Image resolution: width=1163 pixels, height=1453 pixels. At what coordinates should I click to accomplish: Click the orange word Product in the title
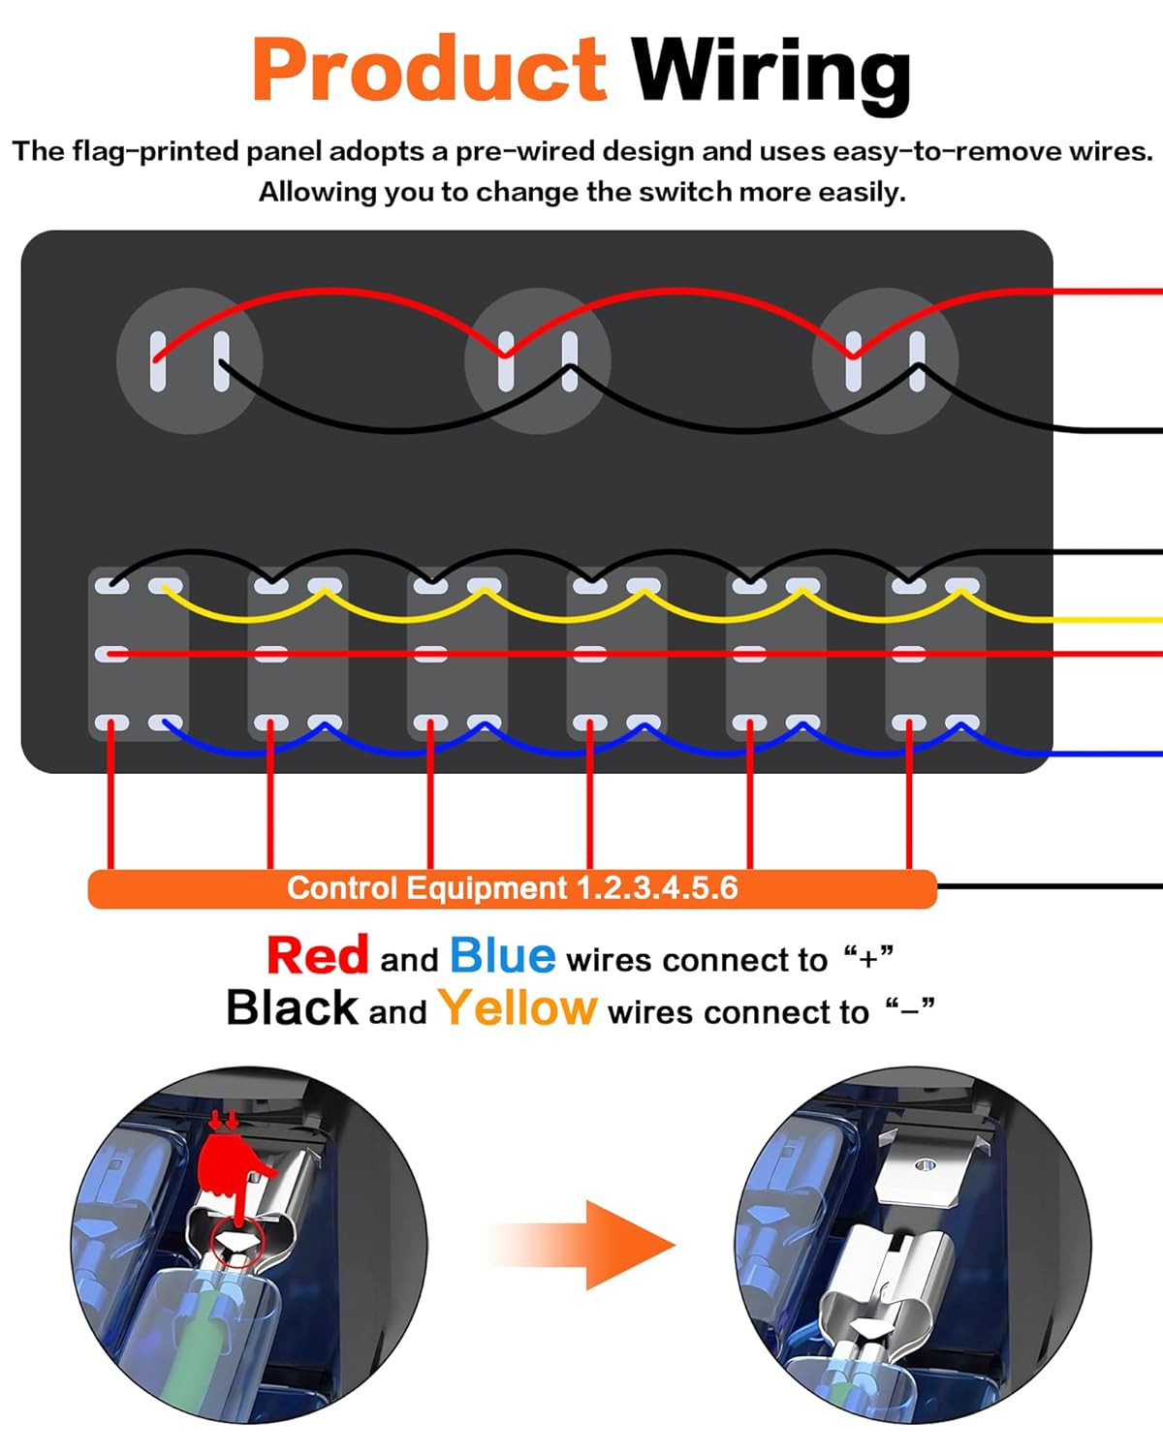point(429,69)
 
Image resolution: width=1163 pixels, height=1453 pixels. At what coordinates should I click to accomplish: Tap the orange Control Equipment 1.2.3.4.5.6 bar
point(513,888)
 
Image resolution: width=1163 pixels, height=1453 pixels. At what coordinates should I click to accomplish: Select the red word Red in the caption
point(318,955)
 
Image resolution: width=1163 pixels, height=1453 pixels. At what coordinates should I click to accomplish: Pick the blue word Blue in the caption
point(503,955)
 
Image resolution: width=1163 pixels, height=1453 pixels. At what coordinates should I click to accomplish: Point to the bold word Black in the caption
point(292,1008)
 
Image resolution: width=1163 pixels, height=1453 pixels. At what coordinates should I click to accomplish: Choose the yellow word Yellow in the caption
point(518,1008)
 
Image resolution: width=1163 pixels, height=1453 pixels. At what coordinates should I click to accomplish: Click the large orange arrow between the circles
point(582,1245)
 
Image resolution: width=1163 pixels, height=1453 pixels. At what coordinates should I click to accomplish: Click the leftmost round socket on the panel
point(189,361)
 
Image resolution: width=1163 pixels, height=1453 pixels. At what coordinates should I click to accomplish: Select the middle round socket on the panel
point(538,361)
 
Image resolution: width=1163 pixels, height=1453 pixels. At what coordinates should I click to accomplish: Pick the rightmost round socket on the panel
point(885,361)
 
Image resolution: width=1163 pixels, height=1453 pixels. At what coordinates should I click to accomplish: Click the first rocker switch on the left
point(139,654)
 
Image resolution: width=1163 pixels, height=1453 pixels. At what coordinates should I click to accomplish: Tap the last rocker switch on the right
point(936,654)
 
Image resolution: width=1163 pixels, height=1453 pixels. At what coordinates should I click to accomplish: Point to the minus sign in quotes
point(910,1014)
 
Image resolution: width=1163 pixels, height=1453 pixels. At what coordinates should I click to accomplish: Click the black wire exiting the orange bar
point(1051,886)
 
